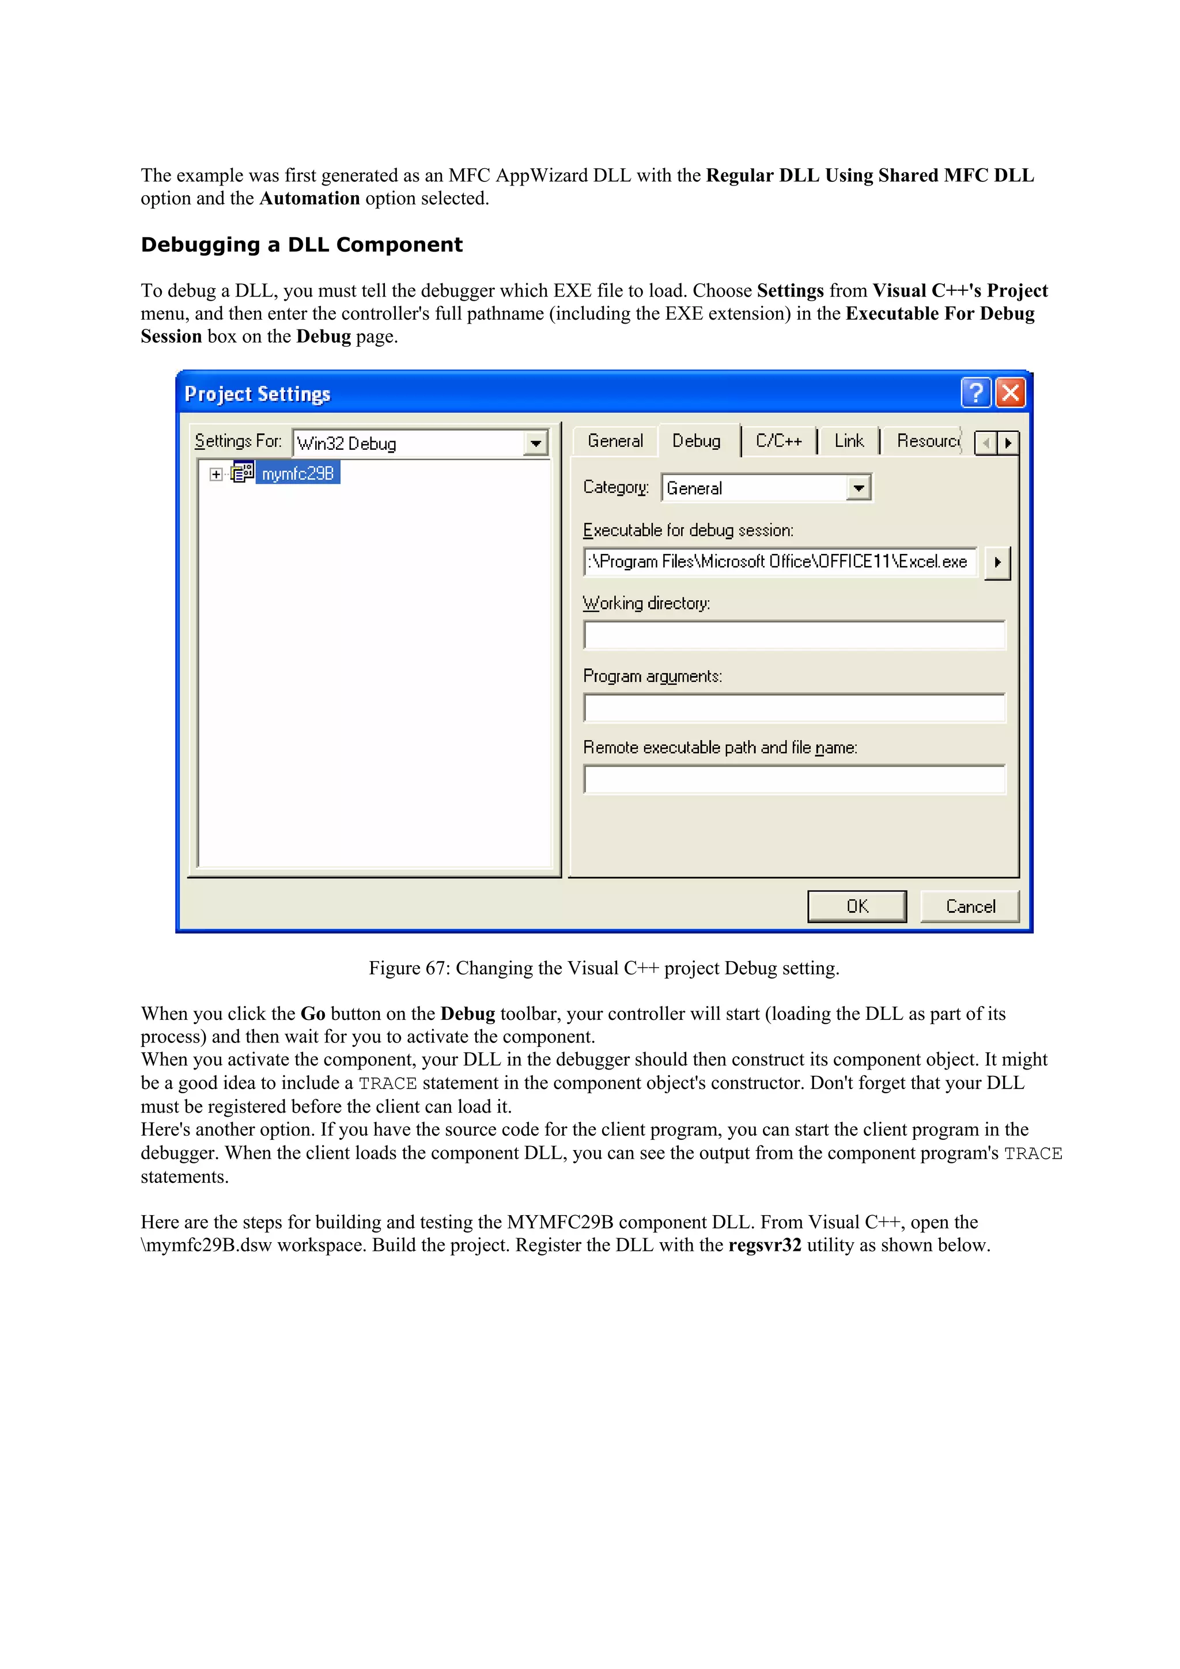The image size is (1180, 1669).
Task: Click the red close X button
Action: click(1010, 393)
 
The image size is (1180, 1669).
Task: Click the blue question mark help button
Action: click(975, 393)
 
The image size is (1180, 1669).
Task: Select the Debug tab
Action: click(696, 441)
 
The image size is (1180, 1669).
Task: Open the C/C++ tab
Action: click(778, 441)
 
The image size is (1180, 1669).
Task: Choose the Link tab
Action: click(849, 441)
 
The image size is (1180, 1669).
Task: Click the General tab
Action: click(615, 441)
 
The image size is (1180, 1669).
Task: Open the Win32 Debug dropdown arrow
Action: click(535, 443)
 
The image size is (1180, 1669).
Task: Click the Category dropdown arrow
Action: click(858, 488)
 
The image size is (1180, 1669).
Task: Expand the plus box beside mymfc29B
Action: click(216, 474)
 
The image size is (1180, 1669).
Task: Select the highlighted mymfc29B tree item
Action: click(297, 474)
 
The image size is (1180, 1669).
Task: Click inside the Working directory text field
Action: click(794, 635)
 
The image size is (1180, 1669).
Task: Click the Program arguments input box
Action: click(794, 708)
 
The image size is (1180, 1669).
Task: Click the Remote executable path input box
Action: click(794, 780)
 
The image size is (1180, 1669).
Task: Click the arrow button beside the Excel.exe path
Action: click(997, 562)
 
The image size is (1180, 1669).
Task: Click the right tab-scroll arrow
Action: click(1008, 443)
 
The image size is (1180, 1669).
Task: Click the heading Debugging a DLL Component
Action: click(302, 245)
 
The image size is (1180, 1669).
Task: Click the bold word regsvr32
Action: click(764, 1245)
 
